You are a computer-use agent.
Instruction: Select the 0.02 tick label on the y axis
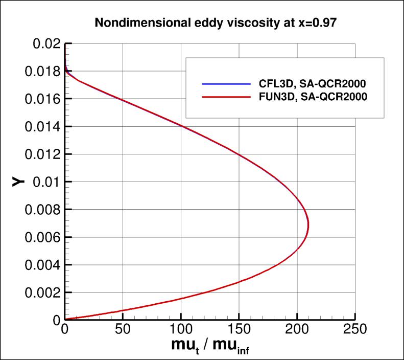[x=46, y=43]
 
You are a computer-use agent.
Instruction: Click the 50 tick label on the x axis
[x=123, y=328]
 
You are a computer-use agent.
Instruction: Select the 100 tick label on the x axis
[x=181, y=328]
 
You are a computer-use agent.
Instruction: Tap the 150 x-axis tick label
[x=239, y=328]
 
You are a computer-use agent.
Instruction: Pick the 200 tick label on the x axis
[x=297, y=328]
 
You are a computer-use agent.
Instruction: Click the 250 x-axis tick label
[x=355, y=328]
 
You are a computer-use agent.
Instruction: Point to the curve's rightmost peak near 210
[x=308, y=225]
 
